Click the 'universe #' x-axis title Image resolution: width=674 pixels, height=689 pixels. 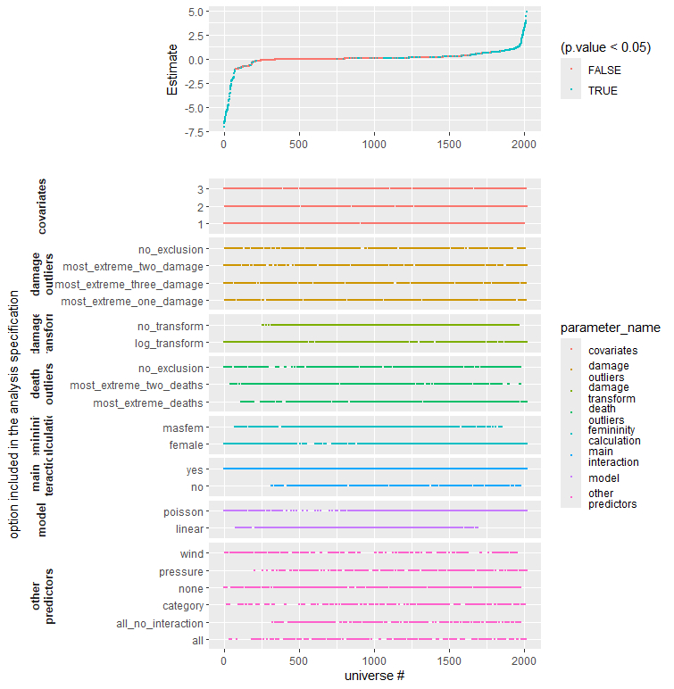pyautogui.click(x=375, y=676)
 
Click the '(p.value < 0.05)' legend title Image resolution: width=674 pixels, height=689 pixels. pyautogui.click(x=606, y=46)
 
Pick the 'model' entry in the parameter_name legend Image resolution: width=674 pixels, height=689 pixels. pyautogui.click(x=603, y=478)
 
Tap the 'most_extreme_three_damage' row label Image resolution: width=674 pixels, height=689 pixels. pyautogui.click(x=129, y=284)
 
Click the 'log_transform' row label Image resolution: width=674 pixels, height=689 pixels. pyautogui.click(x=170, y=343)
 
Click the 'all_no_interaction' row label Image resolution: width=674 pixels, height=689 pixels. pyautogui.click(x=161, y=623)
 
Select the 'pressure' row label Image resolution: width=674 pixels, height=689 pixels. pyautogui.click(x=180, y=571)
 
